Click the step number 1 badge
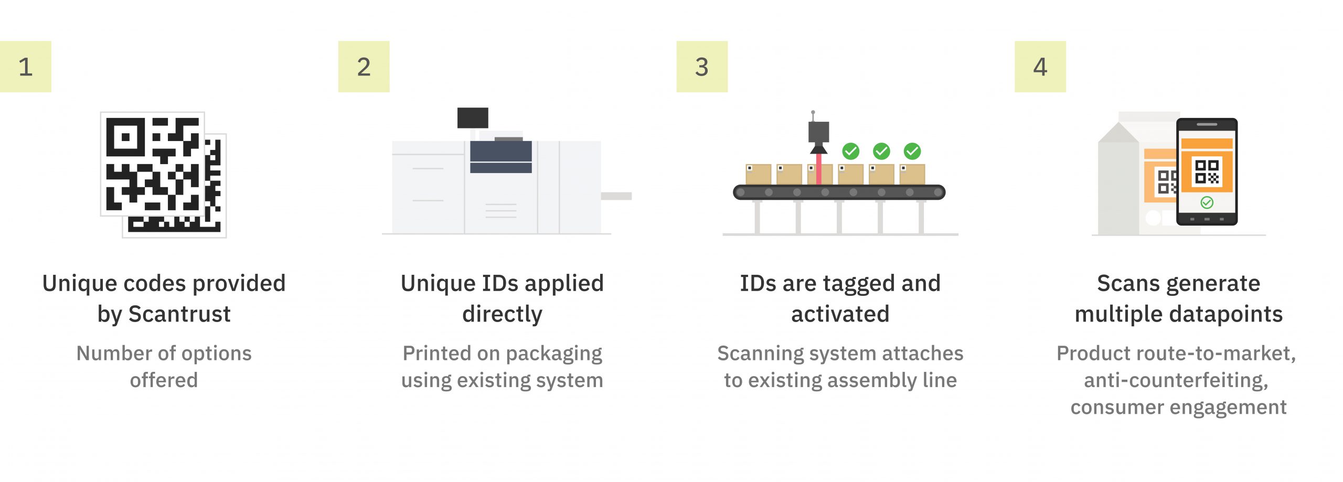(x=26, y=67)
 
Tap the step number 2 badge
(x=364, y=67)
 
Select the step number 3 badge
(x=702, y=67)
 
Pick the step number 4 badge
(x=1040, y=67)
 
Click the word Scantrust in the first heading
(x=179, y=314)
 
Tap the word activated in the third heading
(x=840, y=314)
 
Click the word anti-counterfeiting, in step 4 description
(x=1176, y=380)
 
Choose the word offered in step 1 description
(x=164, y=380)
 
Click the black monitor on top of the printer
(x=473, y=118)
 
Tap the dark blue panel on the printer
(x=501, y=157)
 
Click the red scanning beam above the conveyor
(x=818, y=168)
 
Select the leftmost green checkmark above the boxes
(x=850, y=151)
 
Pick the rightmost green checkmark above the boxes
(x=912, y=151)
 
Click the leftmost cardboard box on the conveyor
(x=758, y=174)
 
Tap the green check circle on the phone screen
(x=1207, y=202)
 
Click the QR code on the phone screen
(x=1207, y=172)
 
